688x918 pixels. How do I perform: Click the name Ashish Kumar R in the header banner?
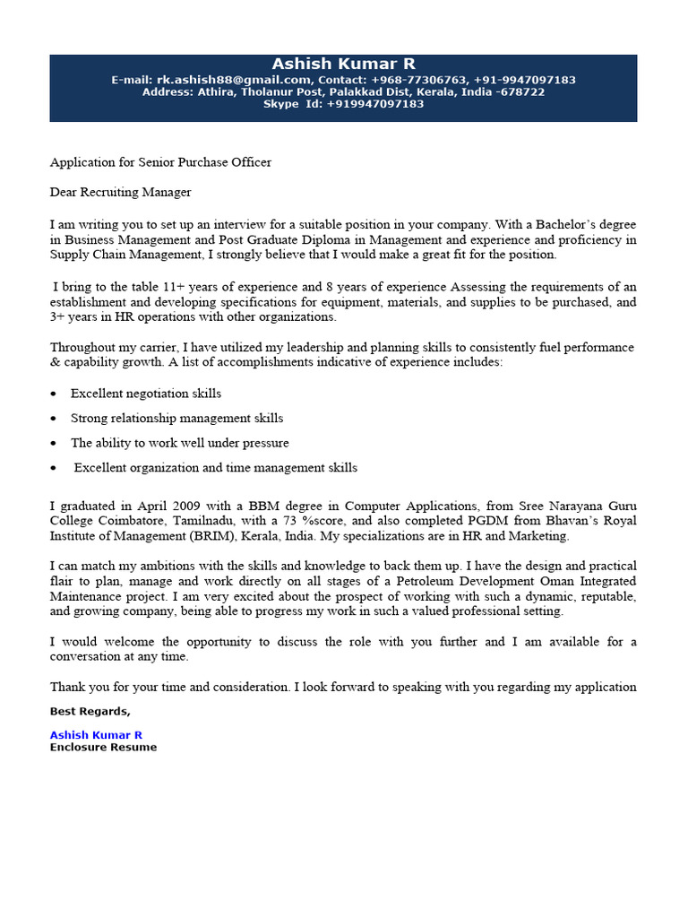343,64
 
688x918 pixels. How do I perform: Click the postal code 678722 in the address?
523,92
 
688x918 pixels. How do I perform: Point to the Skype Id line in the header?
343,104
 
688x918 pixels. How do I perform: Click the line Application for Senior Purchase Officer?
160,162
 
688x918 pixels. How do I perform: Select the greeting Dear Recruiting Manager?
120,192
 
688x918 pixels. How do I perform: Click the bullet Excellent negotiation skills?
145,394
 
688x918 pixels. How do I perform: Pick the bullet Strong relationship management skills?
176,419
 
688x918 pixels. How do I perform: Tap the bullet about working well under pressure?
179,443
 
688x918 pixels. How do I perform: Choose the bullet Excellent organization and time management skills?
215,468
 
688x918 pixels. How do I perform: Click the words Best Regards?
90,712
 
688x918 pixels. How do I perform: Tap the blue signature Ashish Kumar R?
96,735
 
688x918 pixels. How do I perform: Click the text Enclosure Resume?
103,747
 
